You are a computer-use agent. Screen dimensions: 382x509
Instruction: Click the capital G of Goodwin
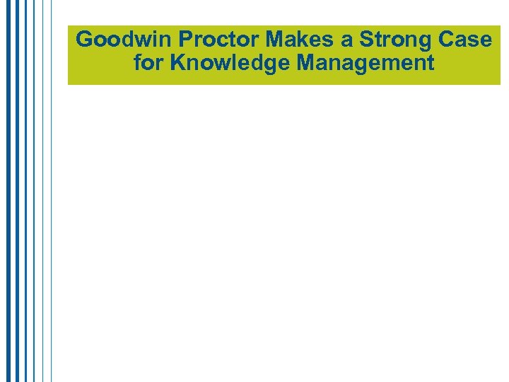84,40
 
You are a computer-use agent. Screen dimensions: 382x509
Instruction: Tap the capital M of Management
307,64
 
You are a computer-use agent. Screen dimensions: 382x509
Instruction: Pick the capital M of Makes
275,40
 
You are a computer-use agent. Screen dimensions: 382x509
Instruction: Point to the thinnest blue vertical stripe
52,212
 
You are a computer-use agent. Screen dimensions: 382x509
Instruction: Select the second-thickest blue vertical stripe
17,212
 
